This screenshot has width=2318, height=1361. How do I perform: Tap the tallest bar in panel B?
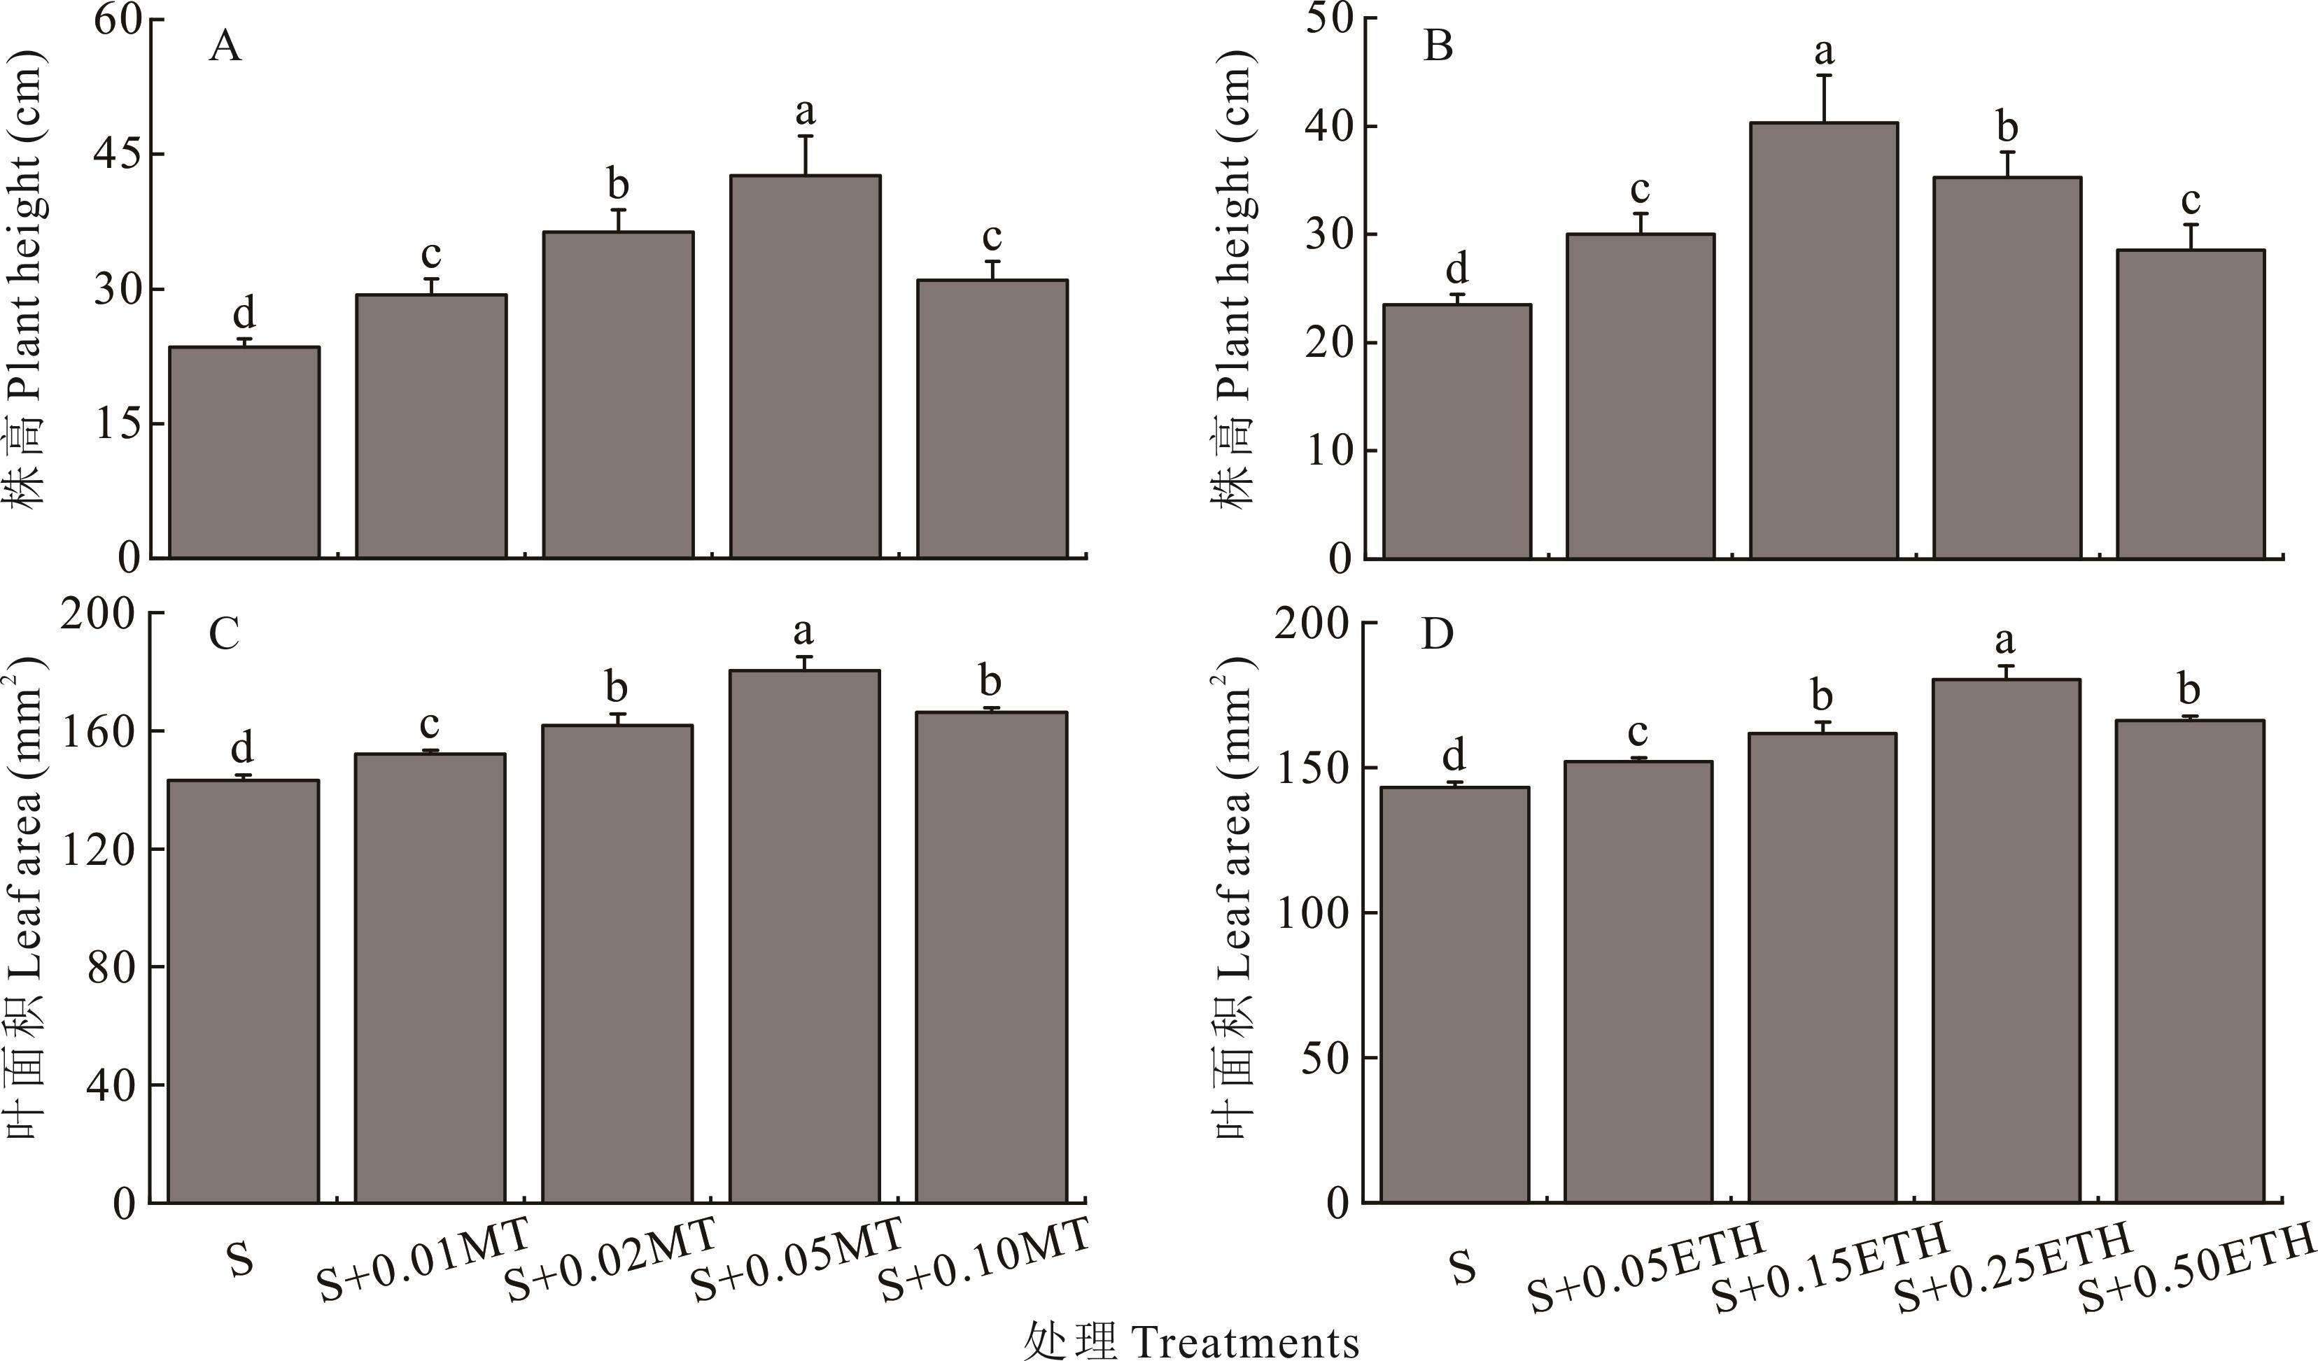(1823, 340)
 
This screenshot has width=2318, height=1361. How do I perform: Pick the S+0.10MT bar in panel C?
(992, 957)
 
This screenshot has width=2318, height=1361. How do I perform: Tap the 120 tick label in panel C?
(99, 849)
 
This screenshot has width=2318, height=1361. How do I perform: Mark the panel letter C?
(225, 633)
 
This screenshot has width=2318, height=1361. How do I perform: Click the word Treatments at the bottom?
(1246, 1341)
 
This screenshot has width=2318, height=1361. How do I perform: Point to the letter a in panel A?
(805, 111)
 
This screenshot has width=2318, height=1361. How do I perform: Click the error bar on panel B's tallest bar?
(1824, 99)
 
